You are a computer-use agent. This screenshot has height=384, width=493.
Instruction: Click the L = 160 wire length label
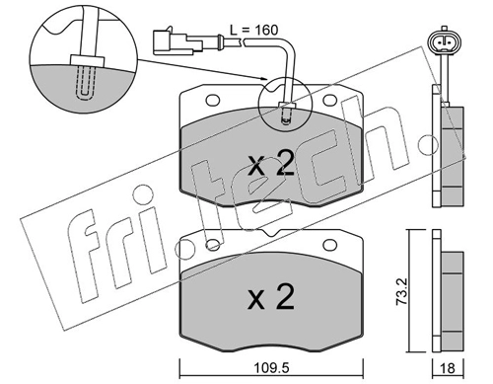253,30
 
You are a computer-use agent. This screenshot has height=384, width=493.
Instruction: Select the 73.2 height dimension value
401,291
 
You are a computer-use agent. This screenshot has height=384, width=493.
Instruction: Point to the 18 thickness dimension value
448,368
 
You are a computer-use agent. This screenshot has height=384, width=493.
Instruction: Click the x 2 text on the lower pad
271,298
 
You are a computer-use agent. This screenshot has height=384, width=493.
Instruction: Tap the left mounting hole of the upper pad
213,100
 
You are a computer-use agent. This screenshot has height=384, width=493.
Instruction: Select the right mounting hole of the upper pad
330,100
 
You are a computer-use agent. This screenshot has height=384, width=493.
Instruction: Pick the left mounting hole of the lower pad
213,245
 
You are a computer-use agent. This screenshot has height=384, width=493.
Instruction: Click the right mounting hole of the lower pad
330,245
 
